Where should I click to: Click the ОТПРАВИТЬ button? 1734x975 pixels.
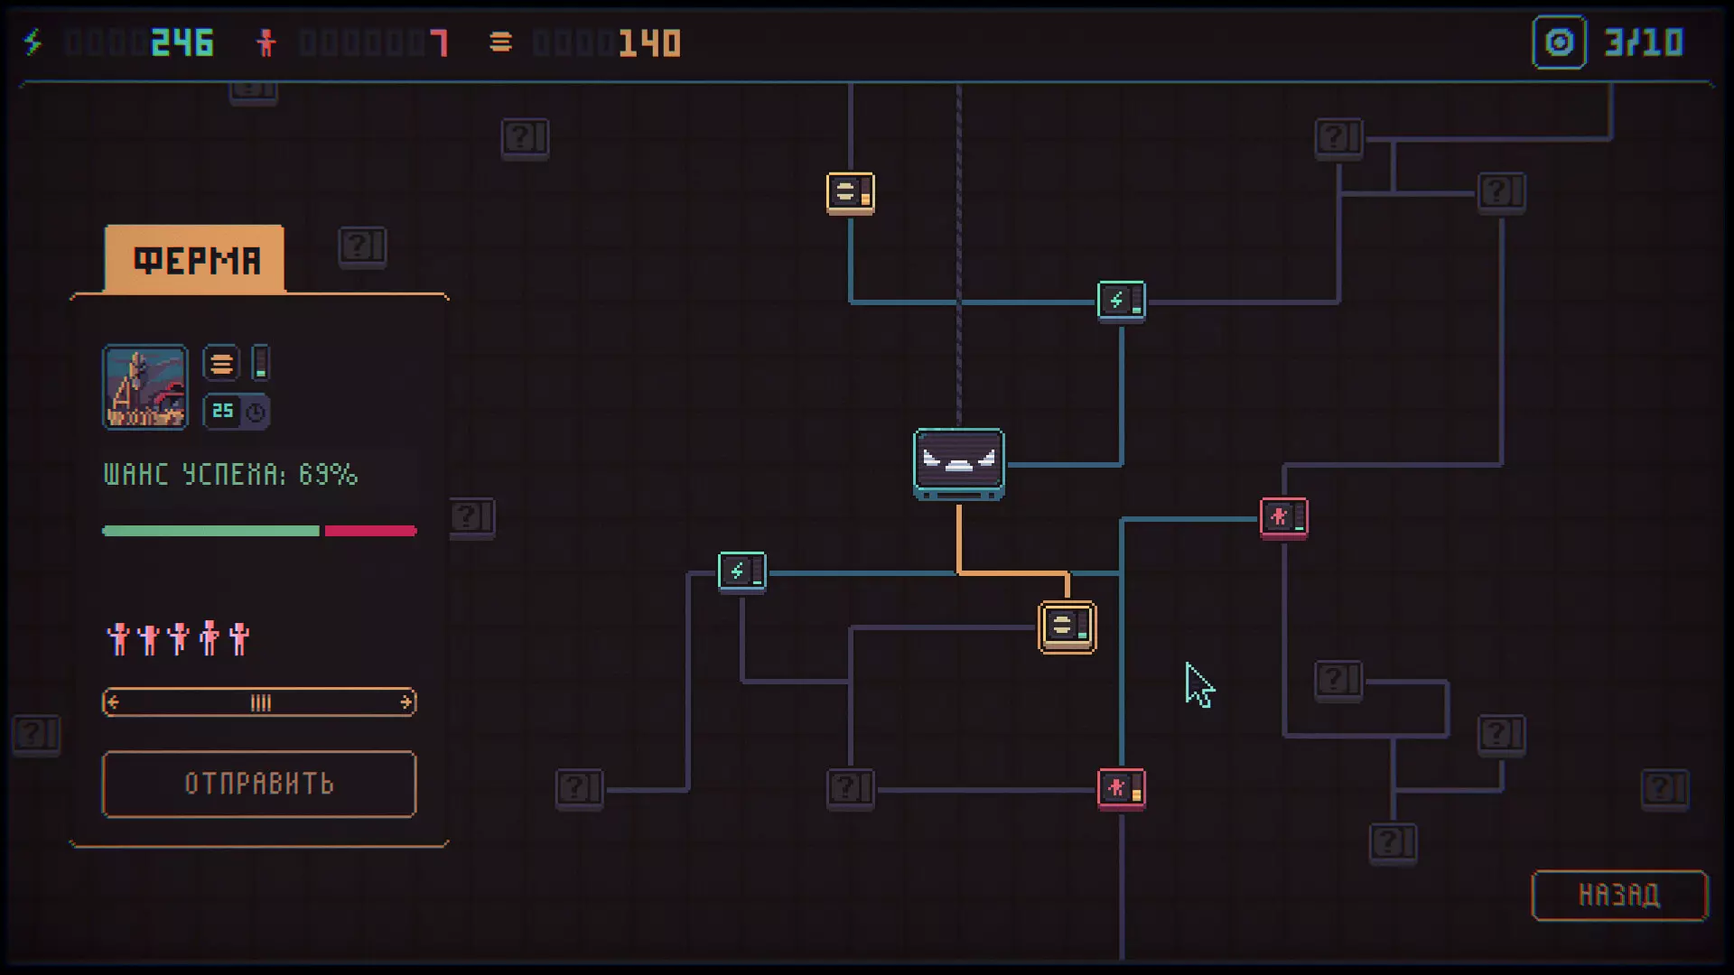point(259,784)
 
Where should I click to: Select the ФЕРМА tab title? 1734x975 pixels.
point(197,261)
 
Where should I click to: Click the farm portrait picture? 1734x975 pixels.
point(145,386)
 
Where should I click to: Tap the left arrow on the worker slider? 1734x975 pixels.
point(113,702)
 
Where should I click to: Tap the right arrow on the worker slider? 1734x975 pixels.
point(406,702)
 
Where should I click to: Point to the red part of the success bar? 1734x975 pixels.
point(370,531)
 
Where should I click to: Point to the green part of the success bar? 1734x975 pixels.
point(211,531)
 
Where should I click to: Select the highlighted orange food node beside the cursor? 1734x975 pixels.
point(1067,627)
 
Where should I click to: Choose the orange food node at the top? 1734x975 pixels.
point(851,193)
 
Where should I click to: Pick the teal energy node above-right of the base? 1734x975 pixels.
point(1122,302)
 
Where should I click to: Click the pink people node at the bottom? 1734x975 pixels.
point(1122,789)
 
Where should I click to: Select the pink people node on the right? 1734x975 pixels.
point(1284,518)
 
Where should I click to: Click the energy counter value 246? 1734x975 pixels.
point(182,42)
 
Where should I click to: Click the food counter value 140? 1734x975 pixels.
point(650,42)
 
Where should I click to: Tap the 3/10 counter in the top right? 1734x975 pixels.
point(1644,42)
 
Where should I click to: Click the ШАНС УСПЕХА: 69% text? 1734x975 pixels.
point(231,474)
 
